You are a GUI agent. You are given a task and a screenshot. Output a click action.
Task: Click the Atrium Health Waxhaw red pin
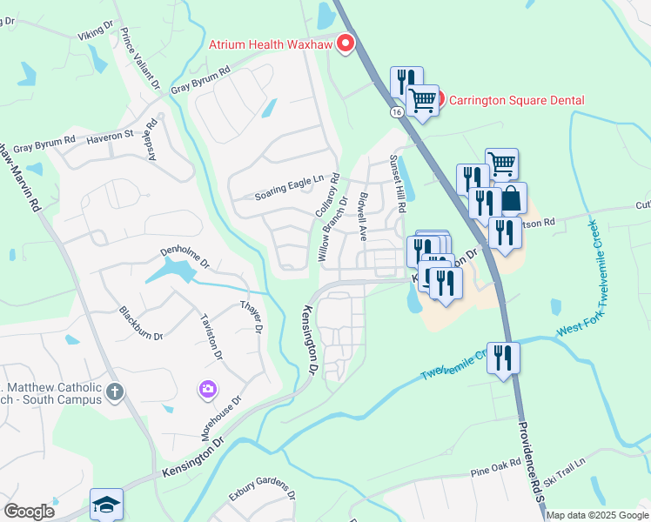(x=346, y=43)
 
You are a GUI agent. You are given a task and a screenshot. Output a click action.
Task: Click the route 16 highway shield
(x=397, y=112)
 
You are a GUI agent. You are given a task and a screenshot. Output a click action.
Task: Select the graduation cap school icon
(x=106, y=504)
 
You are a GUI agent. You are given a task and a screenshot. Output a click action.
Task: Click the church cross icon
(x=114, y=392)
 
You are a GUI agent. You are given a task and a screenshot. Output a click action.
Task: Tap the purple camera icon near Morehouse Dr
(x=208, y=388)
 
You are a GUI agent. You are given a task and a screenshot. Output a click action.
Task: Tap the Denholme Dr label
(x=185, y=254)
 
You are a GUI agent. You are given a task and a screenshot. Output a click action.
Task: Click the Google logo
(x=30, y=512)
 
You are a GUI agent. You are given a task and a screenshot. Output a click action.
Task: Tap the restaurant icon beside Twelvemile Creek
(x=503, y=357)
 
